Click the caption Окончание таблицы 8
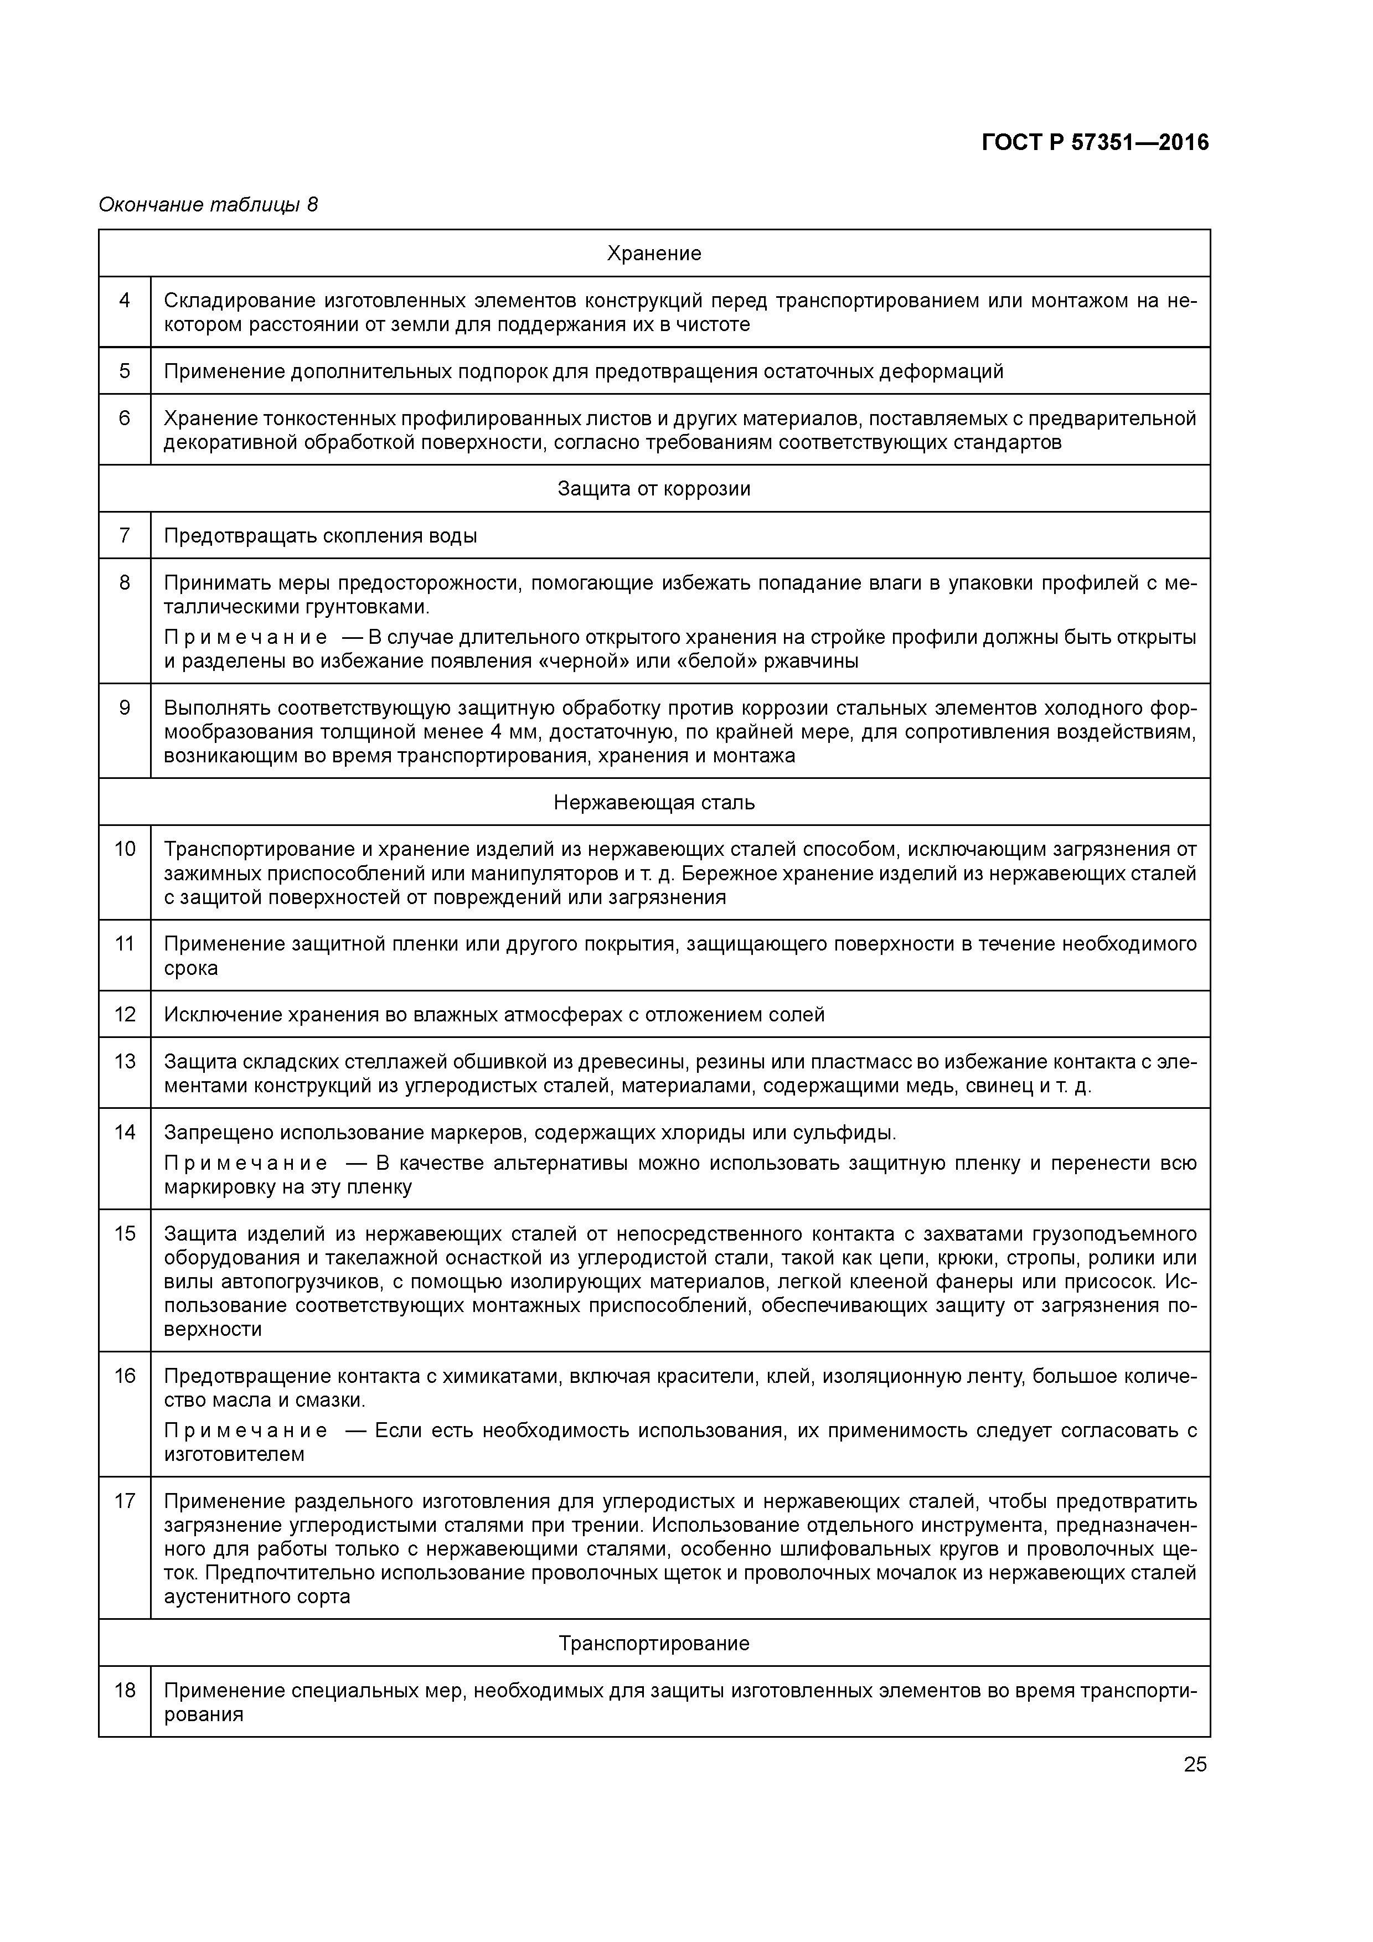pos(208,205)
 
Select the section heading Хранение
pos(654,254)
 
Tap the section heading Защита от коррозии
pos(654,489)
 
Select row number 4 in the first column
pos(125,300)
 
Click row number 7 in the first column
pos(125,535)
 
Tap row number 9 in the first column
pos(125,708)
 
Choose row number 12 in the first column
pos(125,1014)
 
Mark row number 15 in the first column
pos(125,1234)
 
